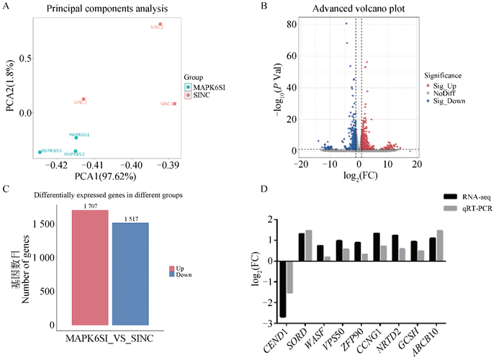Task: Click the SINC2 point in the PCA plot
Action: pos(160,24)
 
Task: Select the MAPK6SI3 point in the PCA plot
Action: pos(40,152)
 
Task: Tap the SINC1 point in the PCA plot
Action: pos(174,104)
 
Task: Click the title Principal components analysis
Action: pos(107,8)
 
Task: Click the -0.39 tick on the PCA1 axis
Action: pos(173,165)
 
